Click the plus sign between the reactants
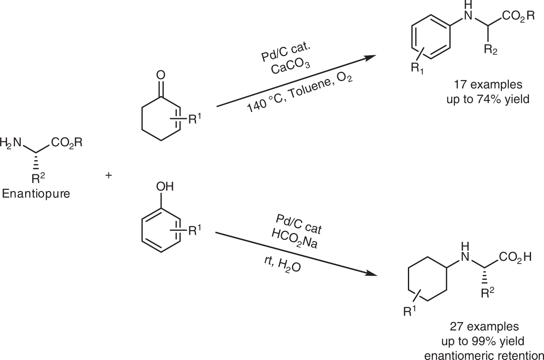[x=109, y=176]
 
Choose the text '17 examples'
[x=487, y=85]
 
